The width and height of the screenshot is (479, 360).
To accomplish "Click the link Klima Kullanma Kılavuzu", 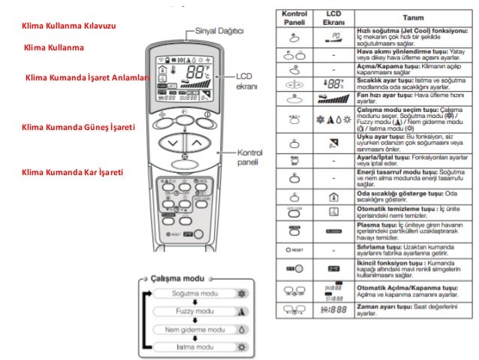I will coord(70,27).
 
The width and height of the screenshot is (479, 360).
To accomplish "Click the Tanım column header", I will coord(408,19).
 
